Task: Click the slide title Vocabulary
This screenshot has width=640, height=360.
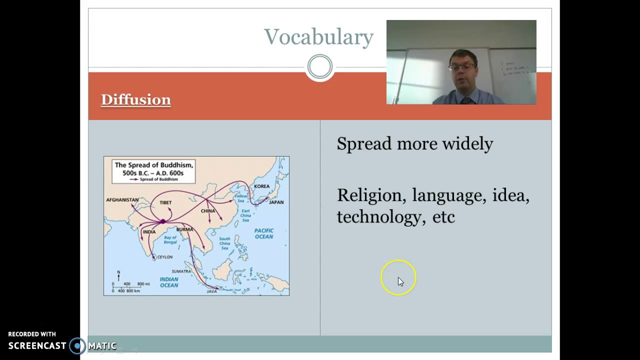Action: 318,37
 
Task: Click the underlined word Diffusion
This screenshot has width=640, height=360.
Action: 135,99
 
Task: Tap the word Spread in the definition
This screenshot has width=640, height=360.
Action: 364,144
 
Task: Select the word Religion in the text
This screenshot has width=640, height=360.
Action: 371,195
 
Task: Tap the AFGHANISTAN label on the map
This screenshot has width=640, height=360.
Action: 122,200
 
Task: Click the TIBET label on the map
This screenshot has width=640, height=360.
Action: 165,202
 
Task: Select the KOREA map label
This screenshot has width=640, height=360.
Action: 261,186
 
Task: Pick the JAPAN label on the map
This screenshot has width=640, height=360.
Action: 276,202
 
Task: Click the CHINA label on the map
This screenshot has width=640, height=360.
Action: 207,211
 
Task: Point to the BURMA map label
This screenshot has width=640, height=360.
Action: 184,229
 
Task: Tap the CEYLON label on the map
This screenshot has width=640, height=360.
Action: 164,257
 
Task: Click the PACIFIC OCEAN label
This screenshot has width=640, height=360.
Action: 263,233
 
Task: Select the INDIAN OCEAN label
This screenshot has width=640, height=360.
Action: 168,282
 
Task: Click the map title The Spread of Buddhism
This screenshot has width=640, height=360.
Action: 153,165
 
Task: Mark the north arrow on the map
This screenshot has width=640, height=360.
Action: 118,275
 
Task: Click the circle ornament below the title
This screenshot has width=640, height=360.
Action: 319,66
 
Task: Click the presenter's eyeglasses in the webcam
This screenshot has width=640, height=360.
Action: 462,65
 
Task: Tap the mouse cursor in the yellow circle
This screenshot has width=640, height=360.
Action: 400,281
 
